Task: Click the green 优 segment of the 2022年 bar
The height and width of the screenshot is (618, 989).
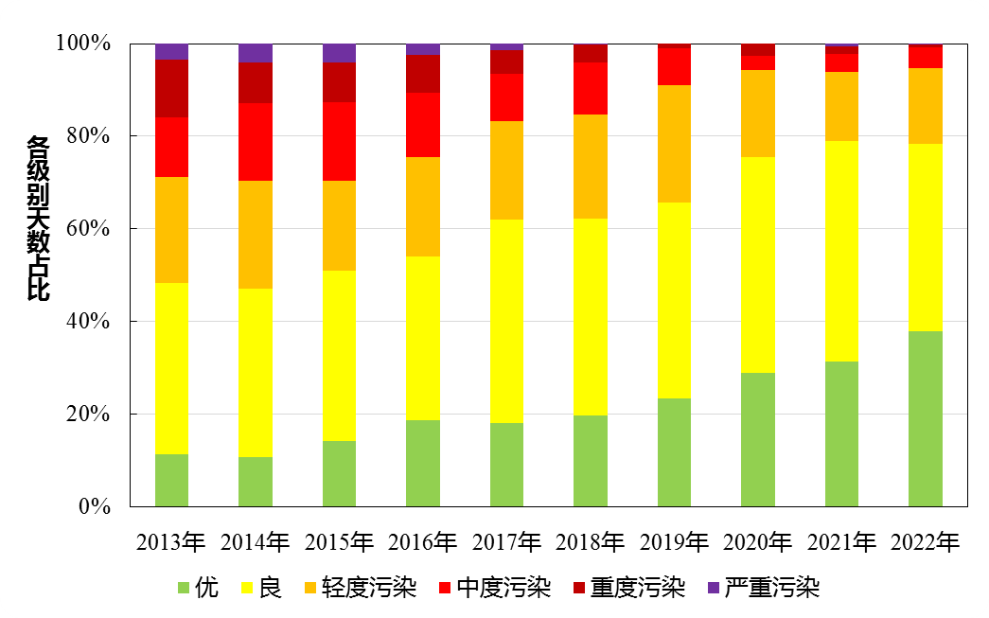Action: (925, 418)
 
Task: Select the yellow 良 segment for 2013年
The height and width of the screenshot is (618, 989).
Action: (171, 368)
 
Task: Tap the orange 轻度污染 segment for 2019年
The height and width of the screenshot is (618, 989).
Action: (674, 143)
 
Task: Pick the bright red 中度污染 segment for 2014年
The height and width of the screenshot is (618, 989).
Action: (255, 142)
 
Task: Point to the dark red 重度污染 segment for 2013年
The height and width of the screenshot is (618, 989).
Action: (171, 88)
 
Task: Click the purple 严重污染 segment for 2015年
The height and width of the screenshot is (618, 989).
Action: (339, 52)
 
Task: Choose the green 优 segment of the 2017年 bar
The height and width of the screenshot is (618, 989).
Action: (506, 464)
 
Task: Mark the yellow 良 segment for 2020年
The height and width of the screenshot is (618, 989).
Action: (757, 264)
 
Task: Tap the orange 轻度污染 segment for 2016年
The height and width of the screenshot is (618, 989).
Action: (422, 206)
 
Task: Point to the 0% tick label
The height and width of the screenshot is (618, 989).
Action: (95, 507)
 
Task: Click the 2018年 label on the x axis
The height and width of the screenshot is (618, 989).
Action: (590, 542)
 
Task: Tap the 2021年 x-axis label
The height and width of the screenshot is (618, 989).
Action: (841, 542)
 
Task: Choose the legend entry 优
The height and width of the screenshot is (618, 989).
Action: (199, 589)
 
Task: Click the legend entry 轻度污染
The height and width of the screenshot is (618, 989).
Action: (359, 589)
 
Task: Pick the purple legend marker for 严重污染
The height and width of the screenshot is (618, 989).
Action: (714, 589)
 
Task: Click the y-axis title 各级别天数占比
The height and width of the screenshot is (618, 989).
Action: (37, 219)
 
